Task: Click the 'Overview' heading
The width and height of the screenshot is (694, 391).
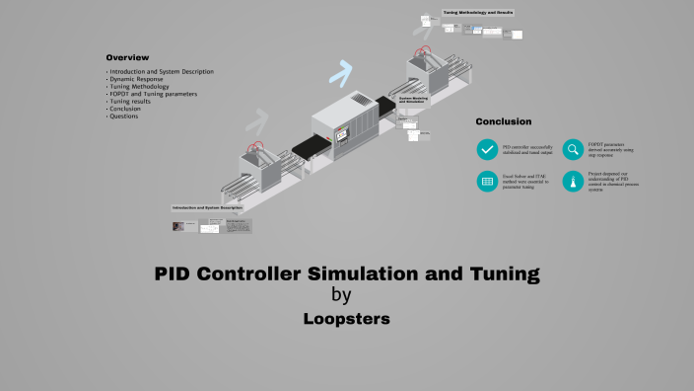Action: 127,57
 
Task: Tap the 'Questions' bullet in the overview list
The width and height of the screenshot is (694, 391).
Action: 124,117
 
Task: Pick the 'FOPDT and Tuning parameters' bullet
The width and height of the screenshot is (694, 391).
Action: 153,94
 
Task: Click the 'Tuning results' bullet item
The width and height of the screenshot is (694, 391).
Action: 132,102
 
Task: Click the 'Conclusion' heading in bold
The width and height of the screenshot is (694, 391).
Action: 504,121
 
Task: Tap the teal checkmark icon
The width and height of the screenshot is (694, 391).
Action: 487,149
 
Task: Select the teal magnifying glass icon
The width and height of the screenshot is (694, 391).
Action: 573,149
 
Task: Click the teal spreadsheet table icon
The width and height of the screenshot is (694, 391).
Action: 487,181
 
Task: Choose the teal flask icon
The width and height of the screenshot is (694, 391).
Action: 573,181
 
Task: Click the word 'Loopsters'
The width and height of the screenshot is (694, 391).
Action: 346,320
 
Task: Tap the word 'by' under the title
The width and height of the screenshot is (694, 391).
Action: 341,294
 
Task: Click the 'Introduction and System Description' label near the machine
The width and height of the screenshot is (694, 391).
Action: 207,208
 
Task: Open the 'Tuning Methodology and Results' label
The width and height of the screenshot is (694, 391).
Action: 478,13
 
